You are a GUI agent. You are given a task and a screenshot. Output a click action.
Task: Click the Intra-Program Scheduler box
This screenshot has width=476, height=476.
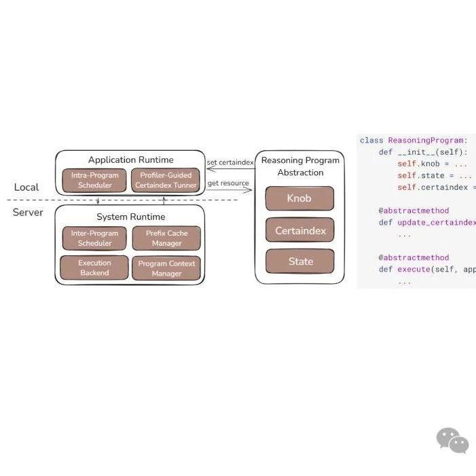tap(95, 180)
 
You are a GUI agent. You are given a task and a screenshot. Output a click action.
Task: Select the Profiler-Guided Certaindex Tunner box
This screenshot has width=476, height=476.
tap(166, 180)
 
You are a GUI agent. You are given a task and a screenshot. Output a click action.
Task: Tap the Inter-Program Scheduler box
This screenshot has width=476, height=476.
tap(95, 238)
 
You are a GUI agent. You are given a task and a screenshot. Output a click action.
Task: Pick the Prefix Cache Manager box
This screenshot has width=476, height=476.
tap(166, 238)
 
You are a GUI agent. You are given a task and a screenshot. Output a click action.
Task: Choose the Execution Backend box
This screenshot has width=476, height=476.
tap(94, 268)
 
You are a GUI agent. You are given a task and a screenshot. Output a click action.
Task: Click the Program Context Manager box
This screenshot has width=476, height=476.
tap(166, 268)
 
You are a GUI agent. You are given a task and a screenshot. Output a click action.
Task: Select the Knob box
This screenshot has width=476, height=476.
tap(299, 198)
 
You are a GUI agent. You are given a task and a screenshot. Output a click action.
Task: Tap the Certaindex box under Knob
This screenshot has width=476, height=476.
tap(299, 230)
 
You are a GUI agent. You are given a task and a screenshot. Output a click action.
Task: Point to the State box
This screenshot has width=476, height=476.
tap(299, 261)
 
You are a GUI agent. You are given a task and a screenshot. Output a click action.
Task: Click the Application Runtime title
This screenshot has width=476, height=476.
tap(130, 160)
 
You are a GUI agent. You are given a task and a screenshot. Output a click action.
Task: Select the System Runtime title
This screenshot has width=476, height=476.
tap(130, 217)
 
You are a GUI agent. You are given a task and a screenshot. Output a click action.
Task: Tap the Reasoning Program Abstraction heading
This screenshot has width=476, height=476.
tap(300, 166)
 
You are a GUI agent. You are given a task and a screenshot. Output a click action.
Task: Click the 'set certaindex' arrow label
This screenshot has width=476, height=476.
tap(230, 162)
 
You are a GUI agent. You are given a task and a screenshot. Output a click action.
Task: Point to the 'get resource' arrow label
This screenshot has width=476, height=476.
tap(228, 183)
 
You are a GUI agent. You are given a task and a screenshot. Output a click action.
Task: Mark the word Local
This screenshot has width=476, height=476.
tap(26, 187)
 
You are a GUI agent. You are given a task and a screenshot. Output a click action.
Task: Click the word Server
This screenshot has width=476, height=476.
tap(28, 213)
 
